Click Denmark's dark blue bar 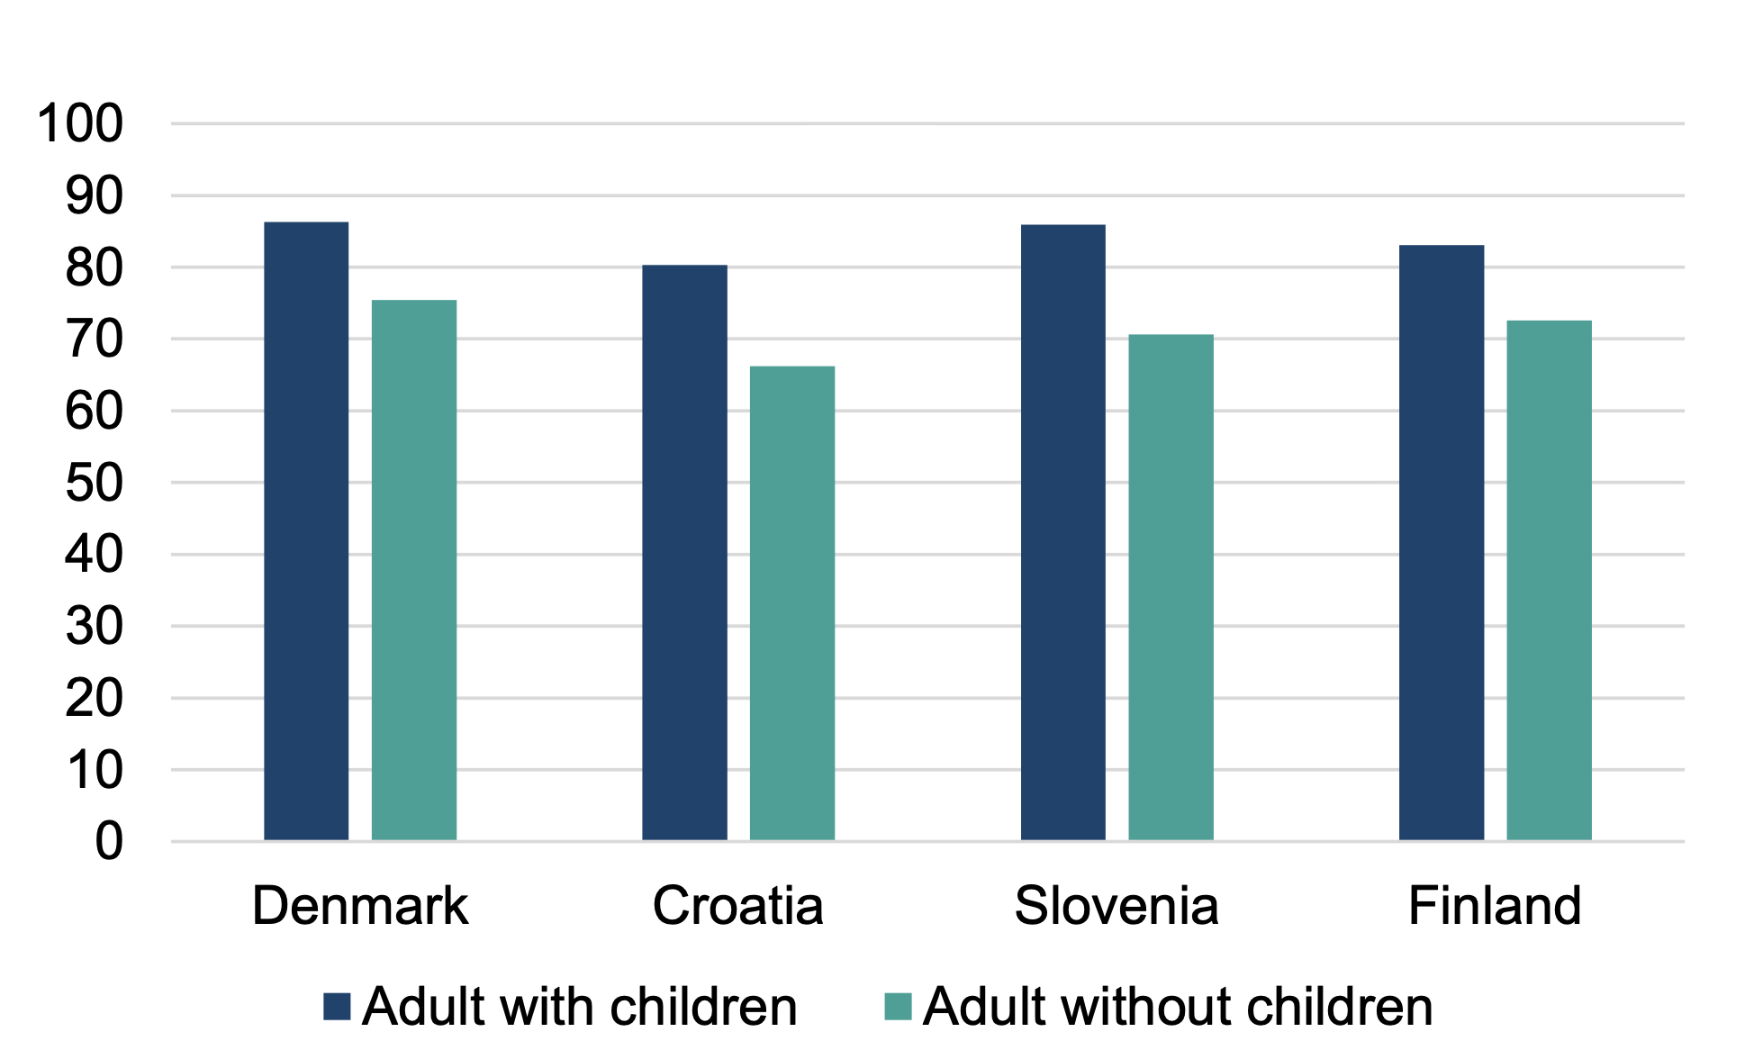(306, 531)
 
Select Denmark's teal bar (414, 570)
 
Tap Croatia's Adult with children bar (684, 553)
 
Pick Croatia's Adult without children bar (792, 603)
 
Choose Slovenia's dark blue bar (1063, 532)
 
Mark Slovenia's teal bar (1171, 587)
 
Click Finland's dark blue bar (1442, 543)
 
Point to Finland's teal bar (1549, 581)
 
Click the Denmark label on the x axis (360, 906)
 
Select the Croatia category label (738, 906)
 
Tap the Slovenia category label (1117, 906)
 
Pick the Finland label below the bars (1495, 906)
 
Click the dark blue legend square (337, 1007)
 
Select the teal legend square (898, 1007)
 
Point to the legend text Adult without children (1178, 1007)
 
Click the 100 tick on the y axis (80, 123)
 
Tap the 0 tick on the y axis (109, 842)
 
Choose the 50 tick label (94, 484)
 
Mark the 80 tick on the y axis (94, 268)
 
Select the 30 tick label (94, 627)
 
